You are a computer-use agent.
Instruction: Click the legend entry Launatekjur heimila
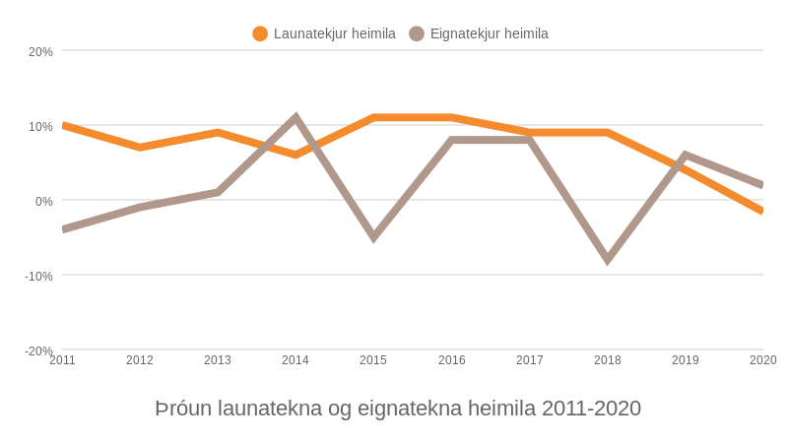point(334,33)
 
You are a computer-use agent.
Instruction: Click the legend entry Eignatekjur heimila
point(489,33)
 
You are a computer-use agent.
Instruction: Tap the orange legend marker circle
point(260,33)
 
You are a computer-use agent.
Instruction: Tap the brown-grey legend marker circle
point(417,33)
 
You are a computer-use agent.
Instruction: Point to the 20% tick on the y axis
point(40,51)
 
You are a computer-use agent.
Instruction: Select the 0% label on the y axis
point(44,201)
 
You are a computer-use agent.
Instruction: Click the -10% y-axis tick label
point(38,276)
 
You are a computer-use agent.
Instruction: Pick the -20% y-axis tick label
point(38,350)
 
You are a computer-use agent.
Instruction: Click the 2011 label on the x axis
point(62,360)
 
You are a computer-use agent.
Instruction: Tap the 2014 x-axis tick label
point(295,360)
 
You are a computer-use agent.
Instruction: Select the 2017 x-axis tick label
point(530,360)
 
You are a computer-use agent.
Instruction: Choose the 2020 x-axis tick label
point(762,360)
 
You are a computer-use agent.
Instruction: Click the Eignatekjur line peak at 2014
point(295,118)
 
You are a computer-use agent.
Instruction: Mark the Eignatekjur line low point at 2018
point(608,260)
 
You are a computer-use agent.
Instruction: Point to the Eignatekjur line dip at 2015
point(373,237)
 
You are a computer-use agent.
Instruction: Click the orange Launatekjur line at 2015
point(373,118)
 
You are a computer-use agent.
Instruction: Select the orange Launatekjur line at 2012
point(140,148)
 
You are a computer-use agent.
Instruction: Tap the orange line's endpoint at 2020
point(761,211)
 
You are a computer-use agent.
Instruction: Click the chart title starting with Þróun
point(398,408)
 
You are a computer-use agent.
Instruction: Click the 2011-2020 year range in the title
point(591,408)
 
